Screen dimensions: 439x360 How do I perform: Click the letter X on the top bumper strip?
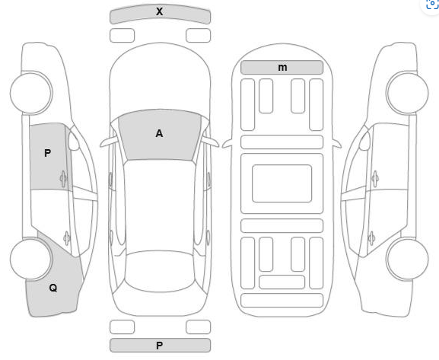pos(159,11)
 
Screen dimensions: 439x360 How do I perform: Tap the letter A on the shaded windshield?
pos(159,133)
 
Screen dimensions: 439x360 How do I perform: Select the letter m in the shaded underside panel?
pos(282,68)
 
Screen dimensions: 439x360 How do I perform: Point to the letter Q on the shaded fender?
pos(53,288)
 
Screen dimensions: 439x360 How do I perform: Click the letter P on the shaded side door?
pos(48,153)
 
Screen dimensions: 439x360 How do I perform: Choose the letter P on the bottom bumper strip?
pos(159,346)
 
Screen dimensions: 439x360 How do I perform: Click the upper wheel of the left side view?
pos(31,93)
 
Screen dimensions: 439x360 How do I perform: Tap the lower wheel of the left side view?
pos(31,259)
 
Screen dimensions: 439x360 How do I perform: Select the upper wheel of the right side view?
pos(407,93)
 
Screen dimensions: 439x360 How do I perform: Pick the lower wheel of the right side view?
pos(407,259)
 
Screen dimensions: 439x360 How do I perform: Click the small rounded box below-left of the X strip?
pos(122,36)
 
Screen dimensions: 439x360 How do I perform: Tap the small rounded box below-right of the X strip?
pos(199,36)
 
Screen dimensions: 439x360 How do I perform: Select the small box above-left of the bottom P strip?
pos(122,327)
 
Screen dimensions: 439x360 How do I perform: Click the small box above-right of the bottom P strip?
pos(199,327)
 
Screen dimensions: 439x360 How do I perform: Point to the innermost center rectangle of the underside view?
pos(282,183)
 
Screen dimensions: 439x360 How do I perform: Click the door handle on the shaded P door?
pos(64,178)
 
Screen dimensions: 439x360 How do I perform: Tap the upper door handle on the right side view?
pos(375,178)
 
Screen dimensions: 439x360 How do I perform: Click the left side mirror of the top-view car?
pos(107,142)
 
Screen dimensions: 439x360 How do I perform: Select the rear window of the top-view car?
pos(160,271)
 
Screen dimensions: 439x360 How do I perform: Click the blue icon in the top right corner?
pos(432,4)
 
